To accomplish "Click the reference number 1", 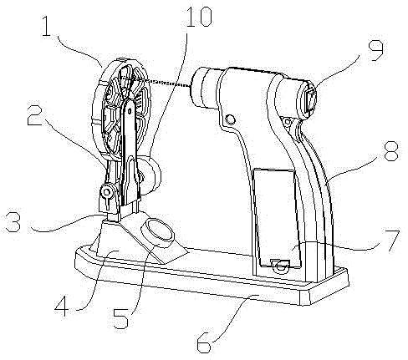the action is click(x=46, y=26).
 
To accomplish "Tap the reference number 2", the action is click(x=35, y=114).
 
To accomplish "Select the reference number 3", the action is click(x=13, y=222).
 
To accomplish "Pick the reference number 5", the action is click(x=120, y=318).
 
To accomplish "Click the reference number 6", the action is click(x=204, y=343).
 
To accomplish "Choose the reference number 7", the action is click(x=392, y=241).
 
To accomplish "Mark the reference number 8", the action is click(x=391, y=150).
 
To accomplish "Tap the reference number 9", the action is click(x=375, y=50).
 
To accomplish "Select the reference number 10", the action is click(x=199, y=17).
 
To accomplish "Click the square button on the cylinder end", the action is click(x=311, y=101).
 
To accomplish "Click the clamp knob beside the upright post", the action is click(x=107, y=192).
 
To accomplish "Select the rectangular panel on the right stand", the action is click(x=277, y=218).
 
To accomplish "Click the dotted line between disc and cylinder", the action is click(x=163, y=83).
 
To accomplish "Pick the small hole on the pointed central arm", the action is click(x=130, y=111).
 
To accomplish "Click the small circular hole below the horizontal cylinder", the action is click(x=231, y=119).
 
